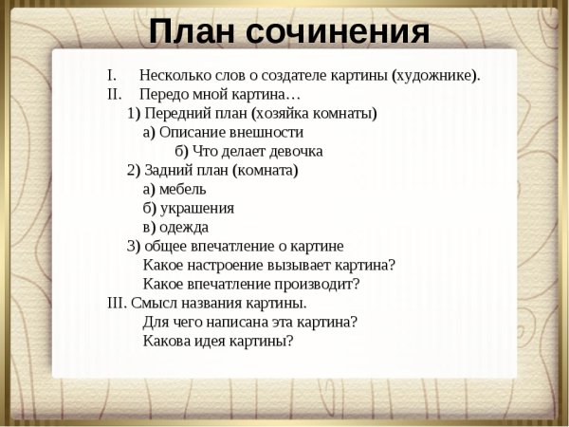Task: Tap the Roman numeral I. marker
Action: pyautogui.click(x=111, y=75)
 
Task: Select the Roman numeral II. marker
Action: pyautogui.click(x=114, y=94)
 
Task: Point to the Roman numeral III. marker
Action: pyautogui.click(x=117, y=303)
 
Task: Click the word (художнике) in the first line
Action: pyautogui.click(x=435, y=75)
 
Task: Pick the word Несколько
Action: pyautogui.click(x=171, y=75)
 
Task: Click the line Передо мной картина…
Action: pyautogui.click(x=219, y=94)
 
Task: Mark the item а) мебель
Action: pyautogui.click(x=174, y=189)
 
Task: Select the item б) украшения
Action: pyautogui.click(x=189, y=208)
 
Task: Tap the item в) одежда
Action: pyautogui.click(x=175, y=227)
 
